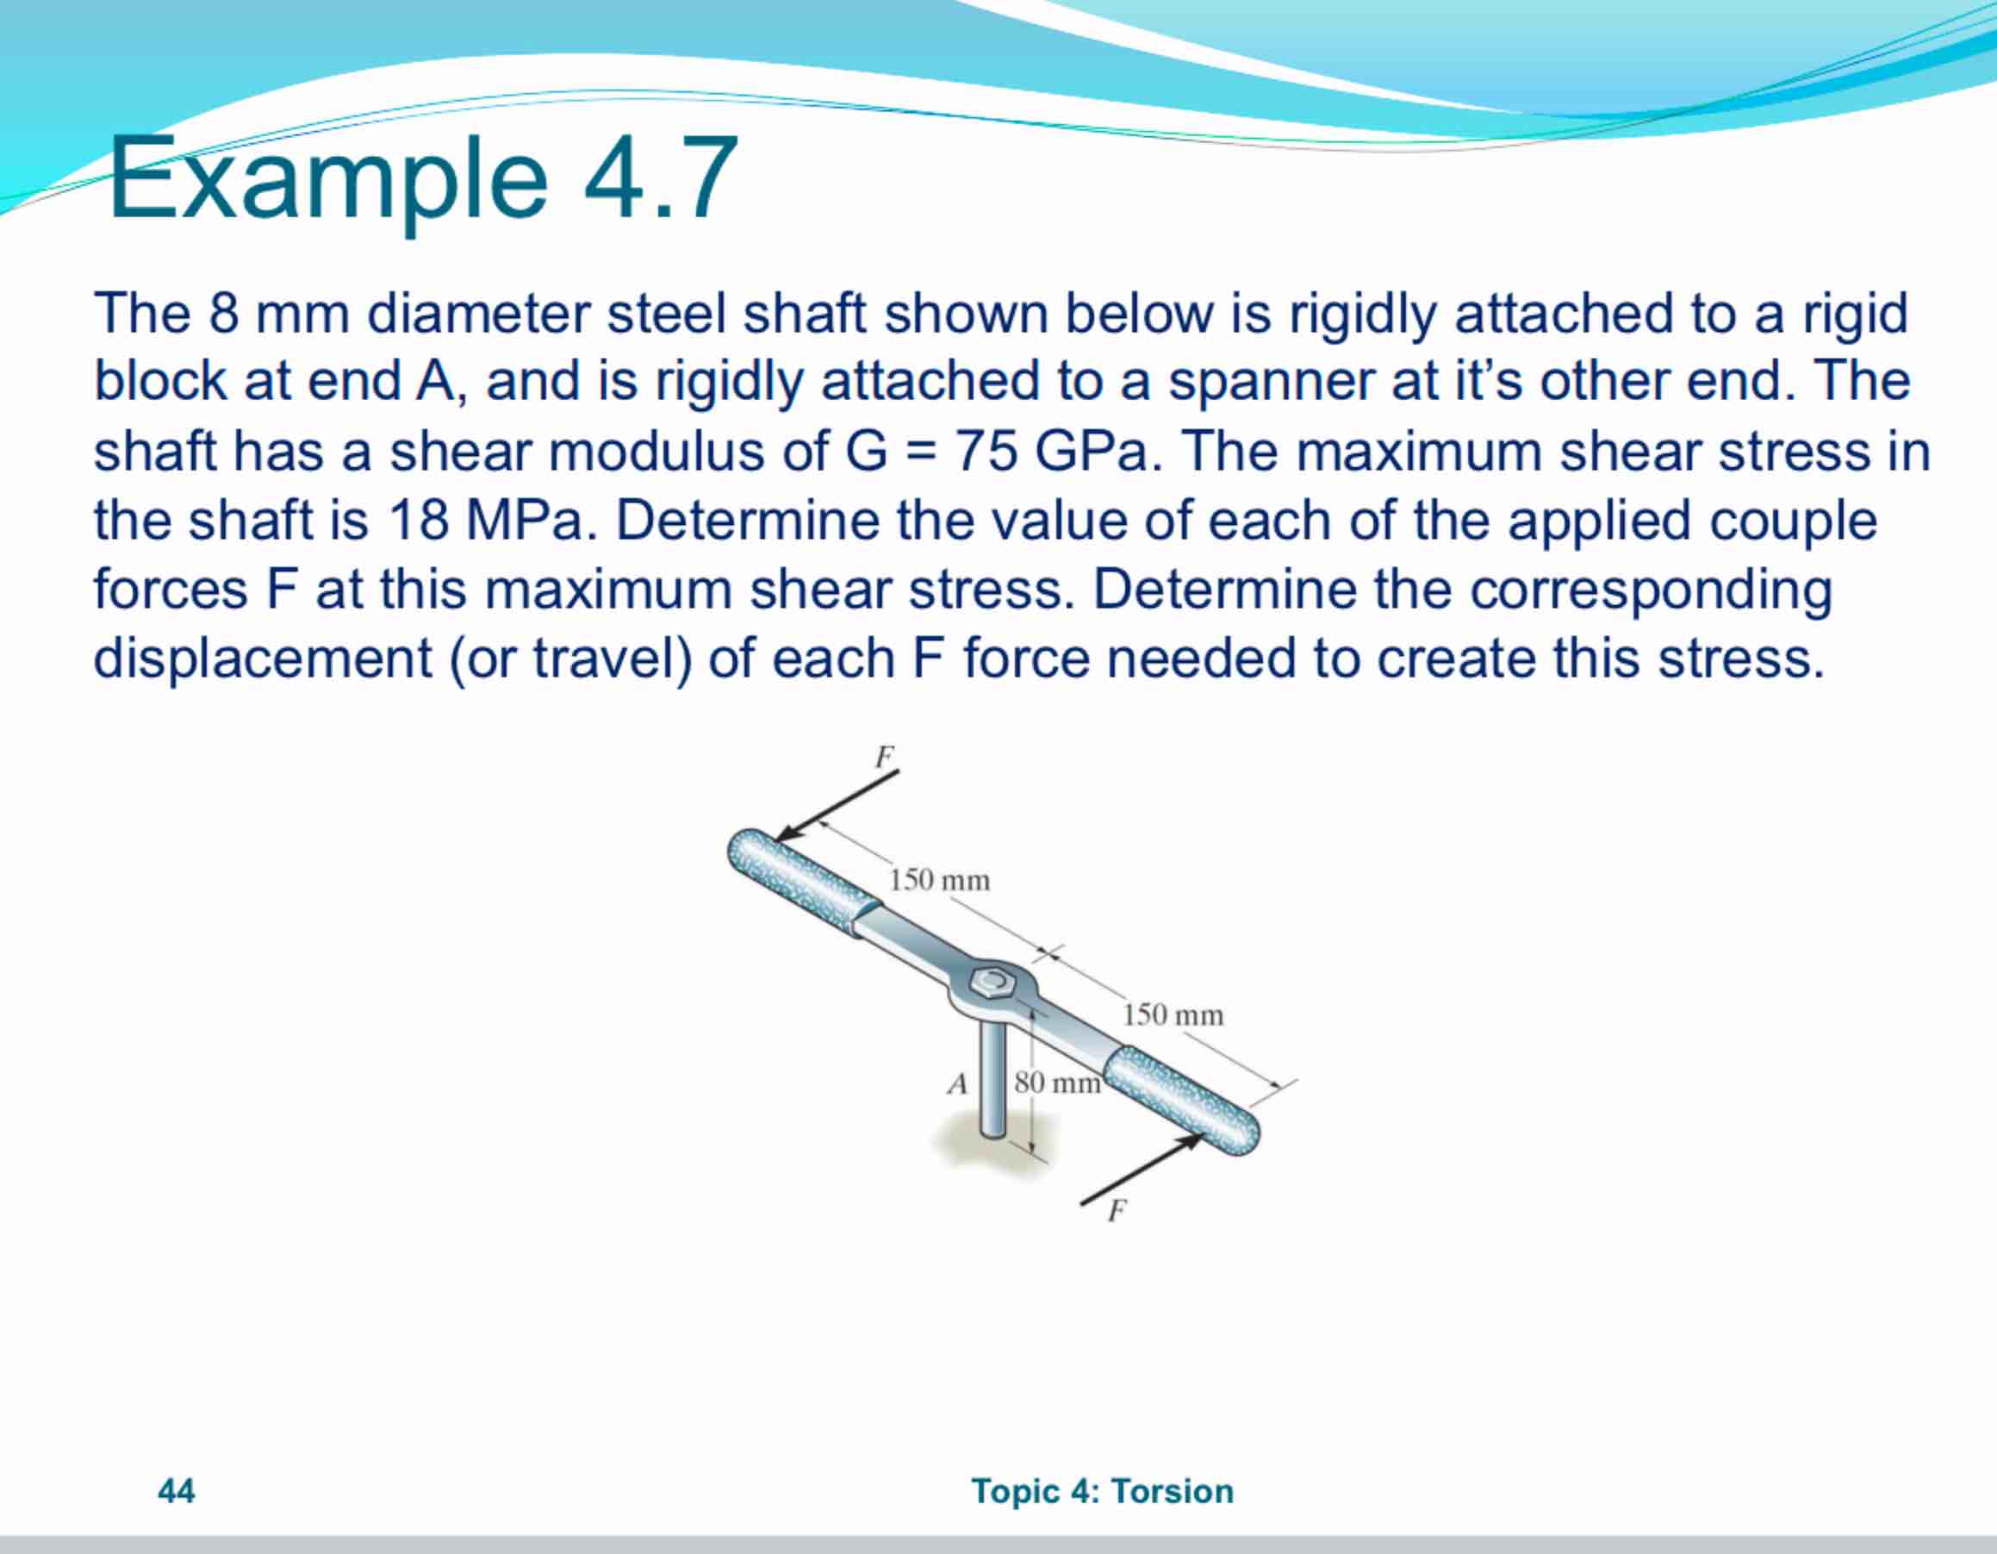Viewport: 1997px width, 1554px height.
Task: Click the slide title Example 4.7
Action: point(422,178)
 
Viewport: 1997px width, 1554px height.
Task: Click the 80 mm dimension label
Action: point(1057,1083)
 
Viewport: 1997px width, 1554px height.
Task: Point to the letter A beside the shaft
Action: point(957,1084)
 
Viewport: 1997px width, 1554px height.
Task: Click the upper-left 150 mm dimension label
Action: point(939,880)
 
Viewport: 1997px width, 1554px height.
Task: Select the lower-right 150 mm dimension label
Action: point(1173,1014)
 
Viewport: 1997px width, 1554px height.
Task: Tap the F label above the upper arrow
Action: point(884,757)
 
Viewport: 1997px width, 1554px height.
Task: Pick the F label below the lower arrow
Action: point(1116,1211)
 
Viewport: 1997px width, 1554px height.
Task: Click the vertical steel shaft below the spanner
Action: point(993,1079)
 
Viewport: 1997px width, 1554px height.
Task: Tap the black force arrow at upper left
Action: point(837,805)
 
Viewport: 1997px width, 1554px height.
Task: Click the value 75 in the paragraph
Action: point(986,451)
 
